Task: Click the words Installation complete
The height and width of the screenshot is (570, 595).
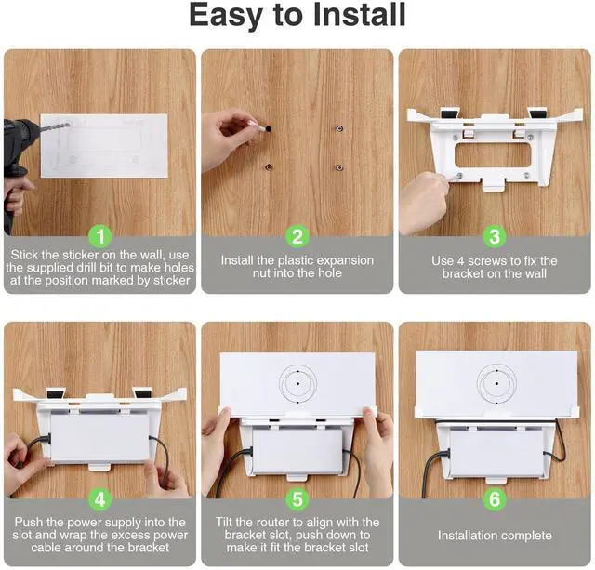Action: coord(495,536)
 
